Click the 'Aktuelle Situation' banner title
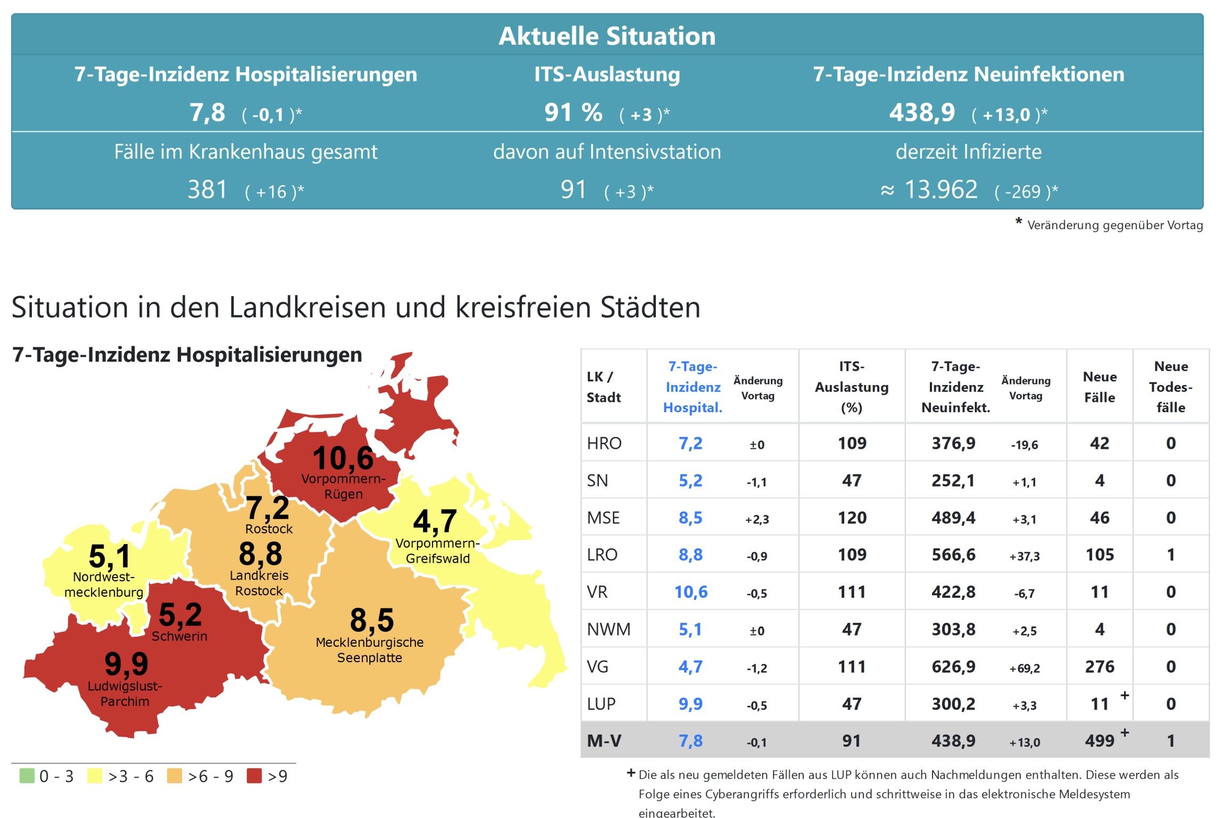[x=607, y=36]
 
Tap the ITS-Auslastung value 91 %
[x=573, y=113]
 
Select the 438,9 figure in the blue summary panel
[x=922, y=113]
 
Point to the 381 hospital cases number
[x=207, y=190]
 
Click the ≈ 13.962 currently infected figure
[x=929, y=190]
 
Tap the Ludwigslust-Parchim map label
[x=125, y=694]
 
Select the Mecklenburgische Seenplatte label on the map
[x=370, y=650]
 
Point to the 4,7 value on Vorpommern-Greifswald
[x=435, y=521]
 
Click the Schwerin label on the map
[x=179, y=636]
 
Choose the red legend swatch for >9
[x=254, y=776]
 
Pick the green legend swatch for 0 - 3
[x=27, y=776]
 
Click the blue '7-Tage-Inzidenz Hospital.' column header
[x=693, y=387]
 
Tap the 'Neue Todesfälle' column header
[x=1170, y=387]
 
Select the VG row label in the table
[x=597, y=666]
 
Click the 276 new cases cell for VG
[x=1100, y=666]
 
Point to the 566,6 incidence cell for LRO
[x=953, y=555]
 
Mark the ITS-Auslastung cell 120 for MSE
[x=852, y=517]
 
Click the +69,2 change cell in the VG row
[x=1025, y=668]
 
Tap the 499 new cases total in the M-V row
[x=1100, y=740]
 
